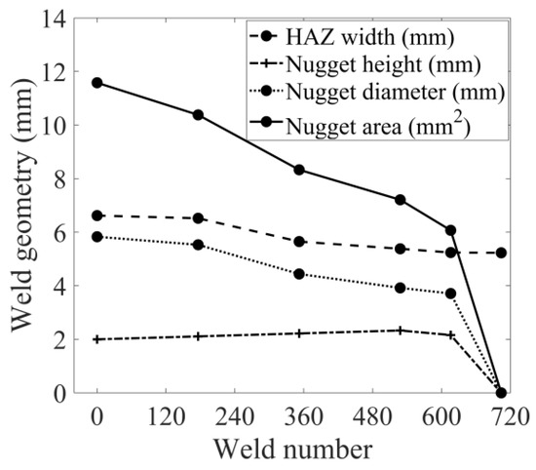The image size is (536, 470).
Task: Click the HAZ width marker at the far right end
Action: pyautogui.click(x=501, y=253)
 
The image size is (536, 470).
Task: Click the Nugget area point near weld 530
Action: pyautogui.click(x=400, y=200)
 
